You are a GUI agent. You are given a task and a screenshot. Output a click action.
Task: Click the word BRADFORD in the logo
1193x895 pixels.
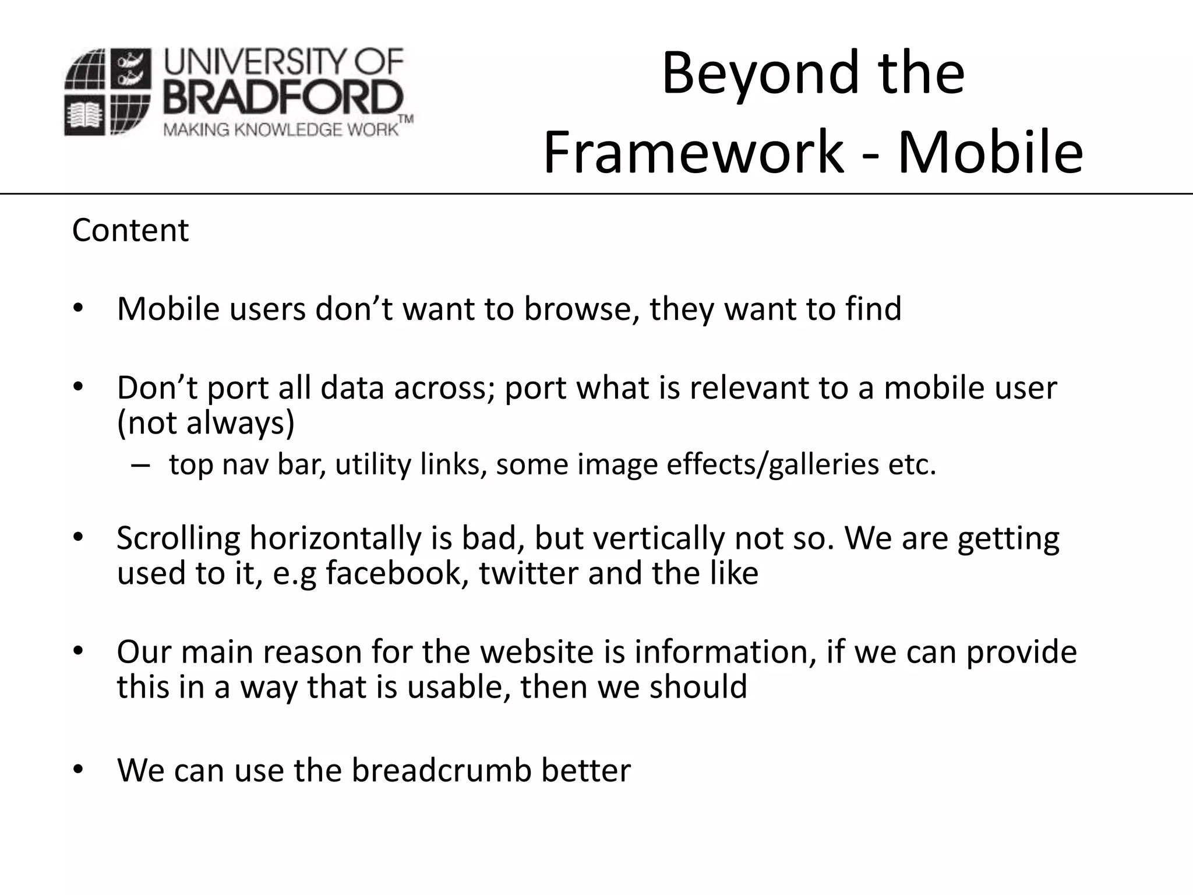point(283,98)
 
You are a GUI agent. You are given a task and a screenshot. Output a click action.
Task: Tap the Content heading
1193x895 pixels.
point(130,230)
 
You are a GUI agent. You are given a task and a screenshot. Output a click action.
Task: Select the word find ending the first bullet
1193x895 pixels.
point(873,309)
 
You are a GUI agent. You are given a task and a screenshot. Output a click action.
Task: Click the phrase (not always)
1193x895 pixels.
point(206,422)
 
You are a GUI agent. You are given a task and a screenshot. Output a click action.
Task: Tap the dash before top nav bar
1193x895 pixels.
point(140,464)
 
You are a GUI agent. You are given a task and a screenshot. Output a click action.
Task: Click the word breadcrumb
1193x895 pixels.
point(442,770)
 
